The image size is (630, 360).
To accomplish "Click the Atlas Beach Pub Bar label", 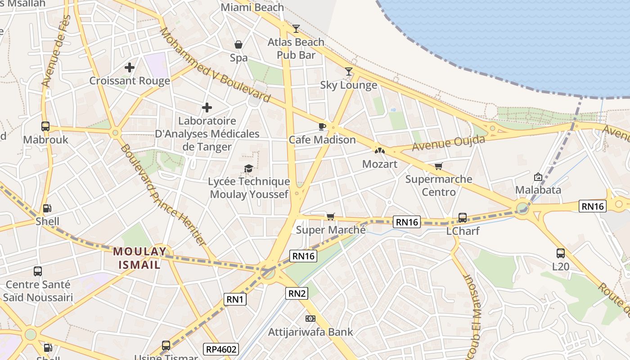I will [x=296, y=49].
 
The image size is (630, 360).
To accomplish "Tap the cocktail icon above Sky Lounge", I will [x=349, y=72].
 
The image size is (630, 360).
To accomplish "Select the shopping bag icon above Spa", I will [x=238, y=45].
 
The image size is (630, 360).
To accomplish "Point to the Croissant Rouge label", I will [x=130, y=81].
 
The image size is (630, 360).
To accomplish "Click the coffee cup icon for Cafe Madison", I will [x=322, y=126].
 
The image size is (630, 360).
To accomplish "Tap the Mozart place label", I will [x=380, y=164].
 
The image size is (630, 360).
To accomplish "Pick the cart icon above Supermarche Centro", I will [x=439, y=166].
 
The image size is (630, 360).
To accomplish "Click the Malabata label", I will [x=538, y=190].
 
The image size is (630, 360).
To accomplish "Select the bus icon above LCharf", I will [x=463, y=218].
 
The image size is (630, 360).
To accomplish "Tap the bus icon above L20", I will [x=560, y=253].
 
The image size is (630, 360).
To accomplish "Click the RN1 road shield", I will [x=235, y=299].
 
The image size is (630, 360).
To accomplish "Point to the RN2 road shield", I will [x=297, y=294].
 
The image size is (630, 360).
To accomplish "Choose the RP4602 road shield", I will [x=221, y=349].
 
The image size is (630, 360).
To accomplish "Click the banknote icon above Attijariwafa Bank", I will [x=310, y=319].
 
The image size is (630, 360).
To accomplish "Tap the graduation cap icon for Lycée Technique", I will [x=248, y=168].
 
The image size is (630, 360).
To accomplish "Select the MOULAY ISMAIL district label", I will [x=139, y=258].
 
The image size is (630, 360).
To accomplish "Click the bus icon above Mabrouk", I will [x=45, y=126].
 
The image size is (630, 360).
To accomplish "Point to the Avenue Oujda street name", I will [x=448, y=143].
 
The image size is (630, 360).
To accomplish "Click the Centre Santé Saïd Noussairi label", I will [x=38, y=291].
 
